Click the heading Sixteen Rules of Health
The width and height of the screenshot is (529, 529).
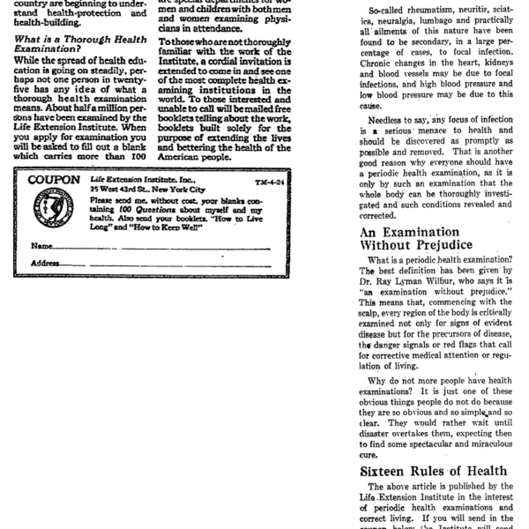coord(421,471)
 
